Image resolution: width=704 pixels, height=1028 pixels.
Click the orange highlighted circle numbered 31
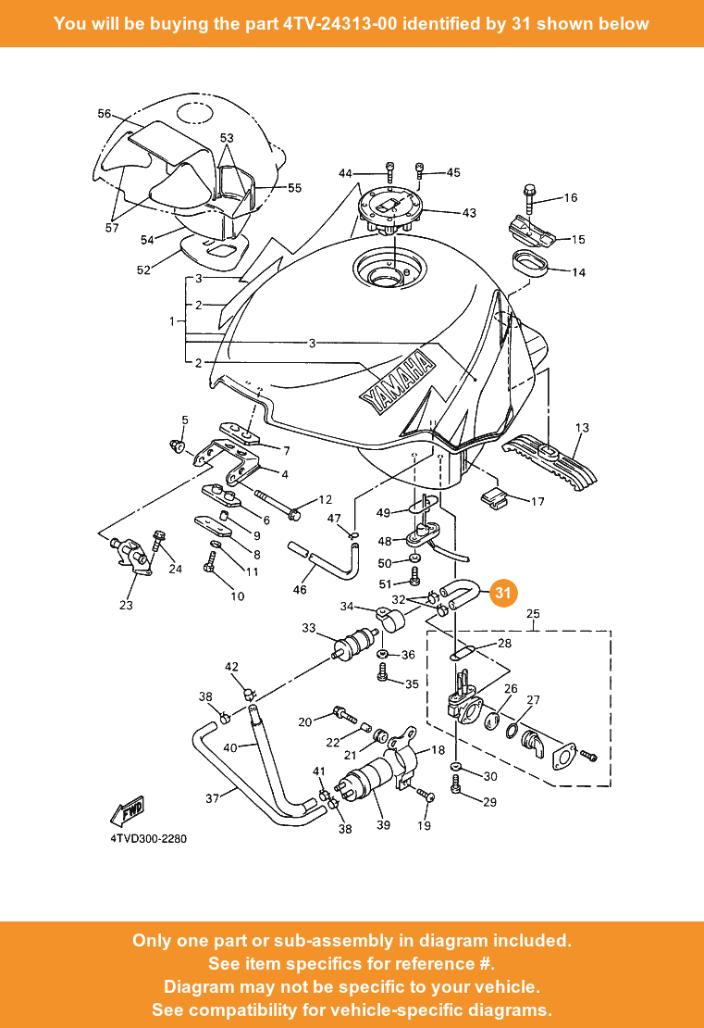click(502, 594)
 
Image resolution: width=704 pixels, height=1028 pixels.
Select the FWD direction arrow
click(126, 810)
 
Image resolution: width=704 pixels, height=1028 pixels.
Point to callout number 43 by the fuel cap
click(468, 213)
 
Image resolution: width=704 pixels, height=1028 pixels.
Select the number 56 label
click(105, 114)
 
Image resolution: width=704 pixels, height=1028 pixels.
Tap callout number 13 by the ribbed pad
click(581, 428)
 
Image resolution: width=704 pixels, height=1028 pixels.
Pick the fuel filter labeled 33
click(355, 644)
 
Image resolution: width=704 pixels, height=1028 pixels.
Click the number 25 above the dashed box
click(533, 614)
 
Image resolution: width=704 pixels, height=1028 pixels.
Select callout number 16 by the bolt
click(570, 197)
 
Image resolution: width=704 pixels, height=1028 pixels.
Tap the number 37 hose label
click(212, 797)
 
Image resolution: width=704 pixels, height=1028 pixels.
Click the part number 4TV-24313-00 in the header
click(340, 23)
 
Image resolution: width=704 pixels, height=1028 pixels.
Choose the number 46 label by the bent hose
click(300, 589)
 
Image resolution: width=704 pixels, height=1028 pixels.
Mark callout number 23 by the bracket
click(126, 606)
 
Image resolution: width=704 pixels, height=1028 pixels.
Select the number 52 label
click(142, 270)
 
